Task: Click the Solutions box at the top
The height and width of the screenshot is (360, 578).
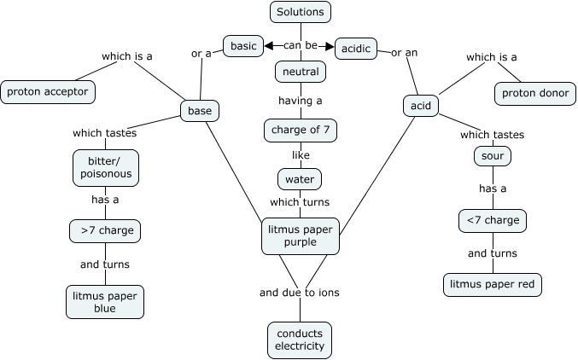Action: (x=300, y=12)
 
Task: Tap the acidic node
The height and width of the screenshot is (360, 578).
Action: (x=356, y=49)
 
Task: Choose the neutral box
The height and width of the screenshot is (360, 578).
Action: (x=301, y=72)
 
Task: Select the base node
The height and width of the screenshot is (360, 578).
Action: (x=200, y=110)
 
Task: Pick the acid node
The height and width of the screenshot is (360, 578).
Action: (x=420, y=106)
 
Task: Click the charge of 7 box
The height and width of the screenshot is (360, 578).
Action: (x=300, y=131)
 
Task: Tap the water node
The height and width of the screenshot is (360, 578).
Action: (x=299, y=179)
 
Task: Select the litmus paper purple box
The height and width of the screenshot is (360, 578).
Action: (x=301, y=235)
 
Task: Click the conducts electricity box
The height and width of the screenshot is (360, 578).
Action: (x=299, y=340)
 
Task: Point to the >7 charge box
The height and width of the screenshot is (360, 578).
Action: (x=105, y=230)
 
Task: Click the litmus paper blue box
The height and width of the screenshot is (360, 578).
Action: (x=104, y=302)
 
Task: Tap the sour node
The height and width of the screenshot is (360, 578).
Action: (x=492, y=157)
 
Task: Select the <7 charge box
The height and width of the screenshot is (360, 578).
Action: (x=492, y=221)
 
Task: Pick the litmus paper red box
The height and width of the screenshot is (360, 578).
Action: (x=493, y=284)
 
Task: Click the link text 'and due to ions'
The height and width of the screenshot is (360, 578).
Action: (x=299, y=293)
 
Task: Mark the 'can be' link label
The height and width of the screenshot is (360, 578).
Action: (x=300, y=45)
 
